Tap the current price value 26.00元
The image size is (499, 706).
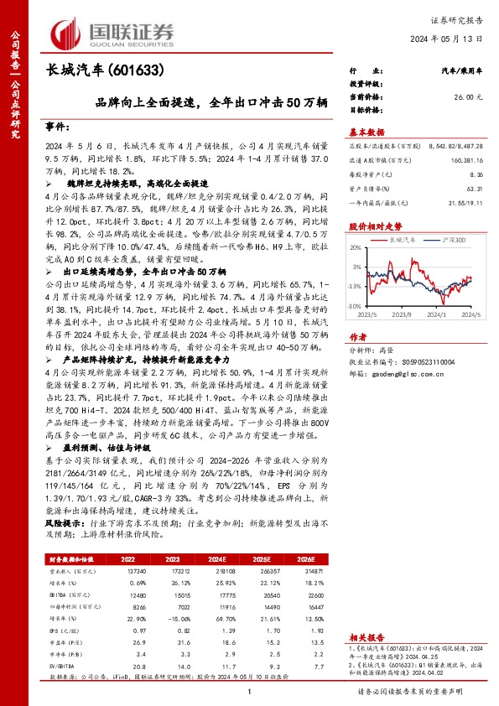467,97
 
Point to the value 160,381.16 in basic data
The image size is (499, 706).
465,159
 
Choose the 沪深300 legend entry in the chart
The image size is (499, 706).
450,239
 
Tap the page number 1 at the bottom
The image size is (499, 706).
250,691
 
